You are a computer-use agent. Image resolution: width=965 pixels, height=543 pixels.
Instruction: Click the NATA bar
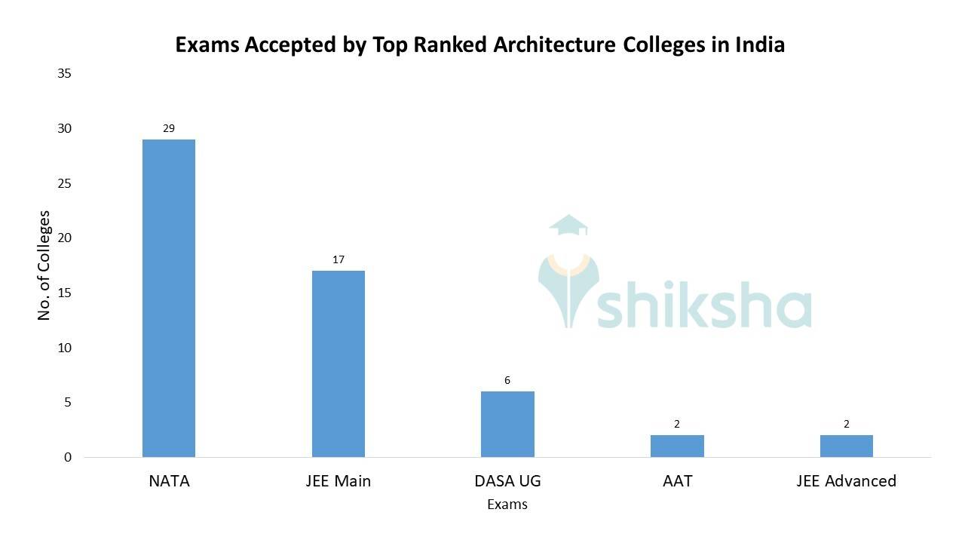pyautogui.click(x=169, y=298)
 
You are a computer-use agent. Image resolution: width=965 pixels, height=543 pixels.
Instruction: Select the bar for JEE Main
pyautogui.click(x=339, y=364)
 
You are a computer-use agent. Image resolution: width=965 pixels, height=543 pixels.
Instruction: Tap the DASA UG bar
pyautogui.click(x=507, y=424)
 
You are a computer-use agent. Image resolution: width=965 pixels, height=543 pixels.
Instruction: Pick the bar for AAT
pyautogui.click(x=677, y=446)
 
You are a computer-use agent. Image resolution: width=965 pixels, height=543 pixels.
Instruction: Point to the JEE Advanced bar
pyautogui.click(x=846, y=446)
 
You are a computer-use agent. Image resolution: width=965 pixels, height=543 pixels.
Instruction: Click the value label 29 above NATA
pyautogui.click(x=169, y=129)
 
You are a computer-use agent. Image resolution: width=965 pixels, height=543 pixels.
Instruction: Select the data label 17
pyautogui.click(x=339, y=260)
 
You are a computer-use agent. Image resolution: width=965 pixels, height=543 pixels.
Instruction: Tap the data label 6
pyautogui.click(x=507, y=381)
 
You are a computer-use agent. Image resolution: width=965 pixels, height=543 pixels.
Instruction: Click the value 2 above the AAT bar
pyautogui.click(x=677, y=425)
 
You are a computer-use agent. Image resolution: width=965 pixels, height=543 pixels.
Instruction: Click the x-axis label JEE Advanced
pyautogui.click(x=846, y=481)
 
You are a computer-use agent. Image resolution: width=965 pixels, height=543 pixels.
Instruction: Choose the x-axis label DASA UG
pyautogui.click(x=507, y=481)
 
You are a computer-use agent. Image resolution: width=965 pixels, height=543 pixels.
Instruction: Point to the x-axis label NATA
pyautogui.click(x=169, y=481)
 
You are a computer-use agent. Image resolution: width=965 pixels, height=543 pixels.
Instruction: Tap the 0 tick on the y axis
pyautogui.click(x=68, y=458)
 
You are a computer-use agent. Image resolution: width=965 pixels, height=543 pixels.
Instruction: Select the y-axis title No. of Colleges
pyautogui.click(x=44, y=265)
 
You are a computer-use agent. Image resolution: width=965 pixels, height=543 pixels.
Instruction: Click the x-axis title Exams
pyautogui.click(x=507, y=505)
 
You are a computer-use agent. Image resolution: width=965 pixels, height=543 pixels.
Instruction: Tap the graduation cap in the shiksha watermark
pyautogui.click(x=568, y=225)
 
